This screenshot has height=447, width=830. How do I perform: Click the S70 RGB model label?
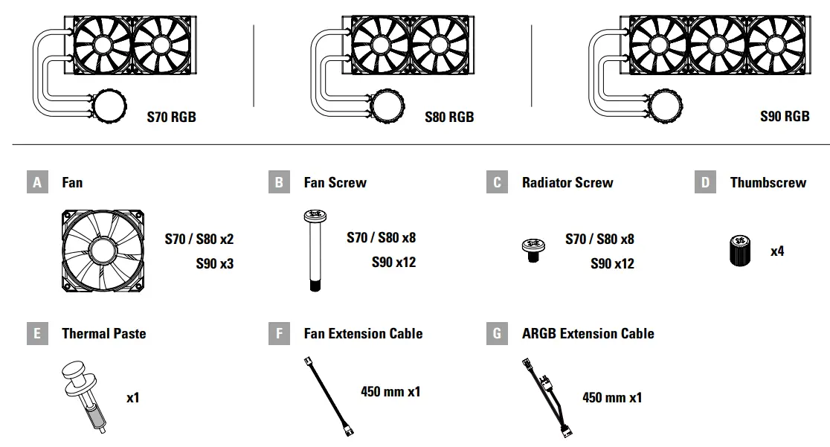172,117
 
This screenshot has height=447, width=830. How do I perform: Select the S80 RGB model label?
449,117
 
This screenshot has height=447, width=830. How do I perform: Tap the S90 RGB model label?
785,116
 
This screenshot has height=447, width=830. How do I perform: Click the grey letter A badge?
37,182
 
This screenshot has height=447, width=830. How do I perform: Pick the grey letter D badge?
705,182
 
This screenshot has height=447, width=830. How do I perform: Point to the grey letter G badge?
497,333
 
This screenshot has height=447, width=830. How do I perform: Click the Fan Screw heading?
335,182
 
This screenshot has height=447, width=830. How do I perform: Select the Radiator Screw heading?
567,182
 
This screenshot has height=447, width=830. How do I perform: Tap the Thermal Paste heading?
103,333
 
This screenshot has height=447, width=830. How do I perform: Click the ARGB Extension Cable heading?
588,333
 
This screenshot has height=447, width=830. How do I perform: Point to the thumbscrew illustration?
739,251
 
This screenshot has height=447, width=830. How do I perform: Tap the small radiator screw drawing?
531,249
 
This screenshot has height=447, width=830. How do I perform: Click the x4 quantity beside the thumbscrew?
777,251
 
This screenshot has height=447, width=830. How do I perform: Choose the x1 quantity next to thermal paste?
132,397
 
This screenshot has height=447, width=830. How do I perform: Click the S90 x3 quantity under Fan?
215,263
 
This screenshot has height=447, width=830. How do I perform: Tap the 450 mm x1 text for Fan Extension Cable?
390,391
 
